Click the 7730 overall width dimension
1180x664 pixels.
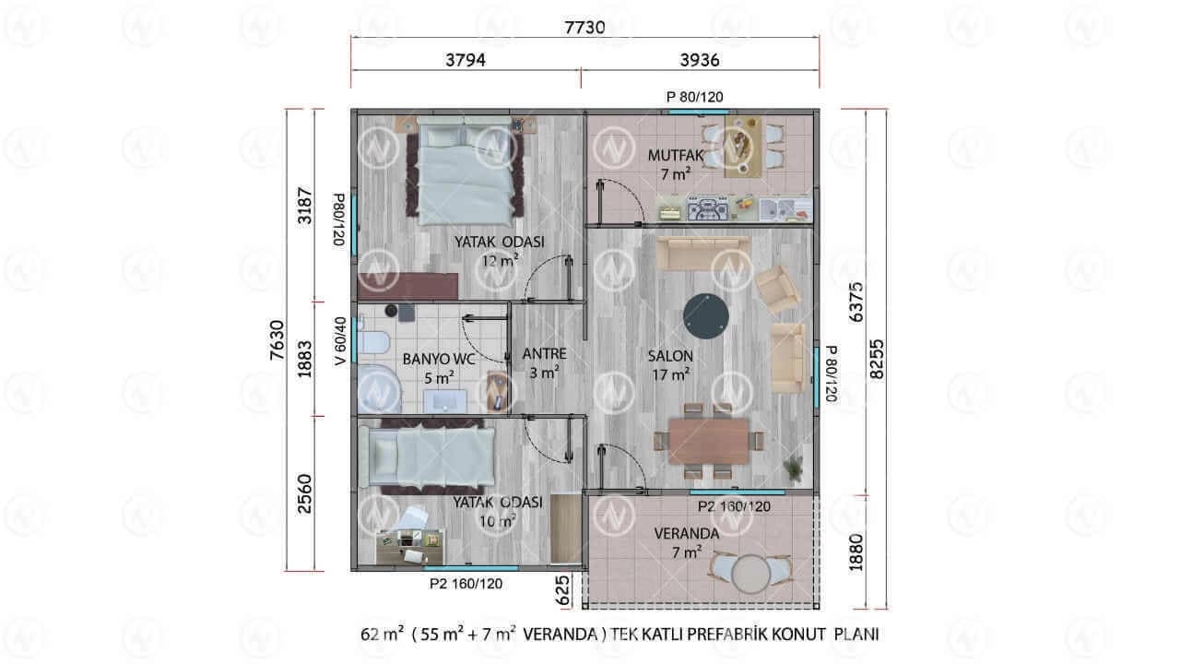coord(584,27)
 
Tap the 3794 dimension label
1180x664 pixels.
coord(466,60)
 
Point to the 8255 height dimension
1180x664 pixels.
coord(876,359)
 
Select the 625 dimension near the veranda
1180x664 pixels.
coord(562,589)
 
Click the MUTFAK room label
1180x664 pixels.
coord(676,156)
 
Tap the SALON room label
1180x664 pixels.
coord(670,356)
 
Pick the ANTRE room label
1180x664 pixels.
coord(544,353)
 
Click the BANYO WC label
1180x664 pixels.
coord(438,360)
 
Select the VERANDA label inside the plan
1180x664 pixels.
coord(687,534)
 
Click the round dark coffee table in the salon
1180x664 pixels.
coord(706,316)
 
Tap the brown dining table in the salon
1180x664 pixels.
coord(709,441)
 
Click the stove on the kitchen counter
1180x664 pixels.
coord(707,208)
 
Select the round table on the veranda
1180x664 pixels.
coord(750,575)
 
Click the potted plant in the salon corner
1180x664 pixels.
coord(794,468)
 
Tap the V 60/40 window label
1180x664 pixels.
coord(340,341)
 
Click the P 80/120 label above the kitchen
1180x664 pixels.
coord(695,97)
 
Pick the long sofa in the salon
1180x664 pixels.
coord(702,254)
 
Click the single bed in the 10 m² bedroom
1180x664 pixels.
coord(427,456)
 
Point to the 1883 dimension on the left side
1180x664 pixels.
coord(304,360)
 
